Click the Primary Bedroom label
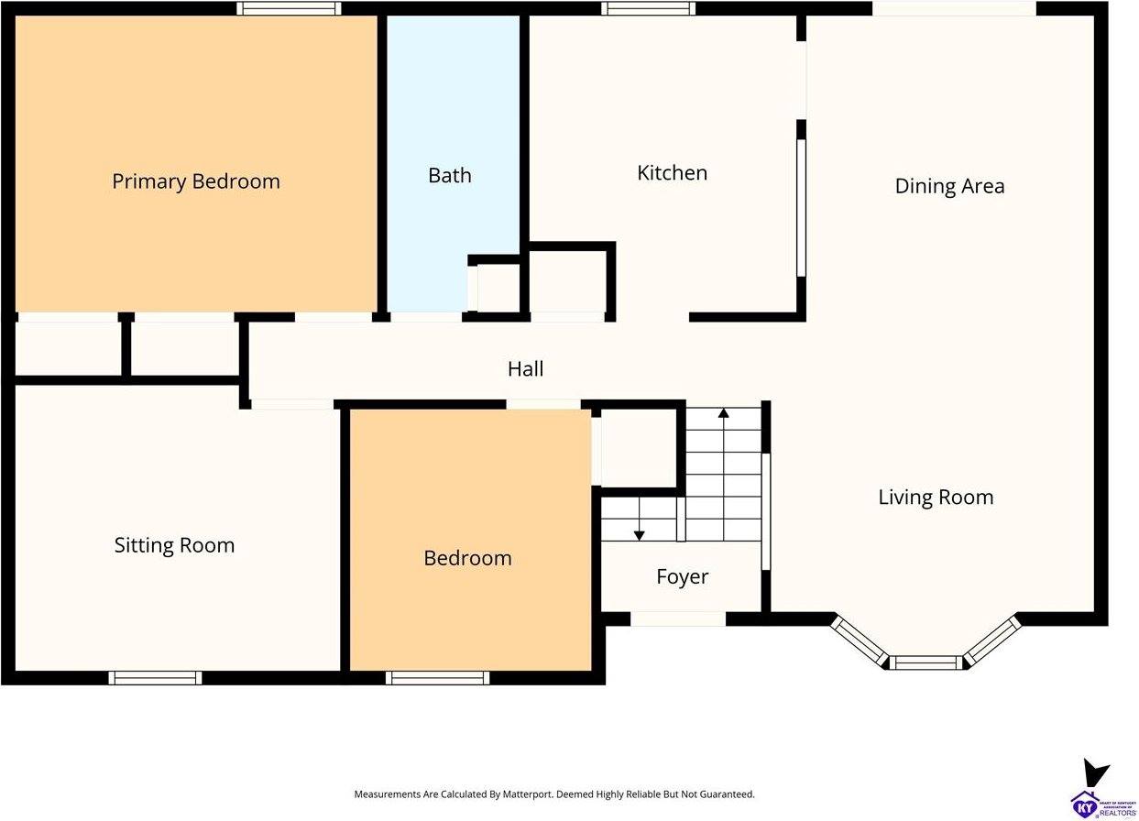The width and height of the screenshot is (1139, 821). [195, 181]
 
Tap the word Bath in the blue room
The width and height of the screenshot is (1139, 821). [450, 175]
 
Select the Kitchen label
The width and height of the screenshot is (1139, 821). [672, 173]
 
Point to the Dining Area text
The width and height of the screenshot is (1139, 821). [949, 186]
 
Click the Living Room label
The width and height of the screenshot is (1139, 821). [936, 498]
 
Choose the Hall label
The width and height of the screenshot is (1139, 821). [525, 368]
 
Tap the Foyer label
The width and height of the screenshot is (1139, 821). [682, 577]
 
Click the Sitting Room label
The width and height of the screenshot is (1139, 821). [174, 545]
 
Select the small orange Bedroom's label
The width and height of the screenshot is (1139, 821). [467, 558]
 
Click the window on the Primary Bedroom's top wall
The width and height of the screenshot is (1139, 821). [289, 8]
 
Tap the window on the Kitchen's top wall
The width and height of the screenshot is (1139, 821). [648, 8]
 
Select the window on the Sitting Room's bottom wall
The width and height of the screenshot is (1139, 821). [155, 678]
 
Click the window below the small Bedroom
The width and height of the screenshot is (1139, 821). [437, 678]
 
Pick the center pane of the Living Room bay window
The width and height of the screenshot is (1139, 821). [926, 662]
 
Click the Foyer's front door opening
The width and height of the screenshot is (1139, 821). [678, 619]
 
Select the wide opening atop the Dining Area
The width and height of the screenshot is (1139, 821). [953, 8]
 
